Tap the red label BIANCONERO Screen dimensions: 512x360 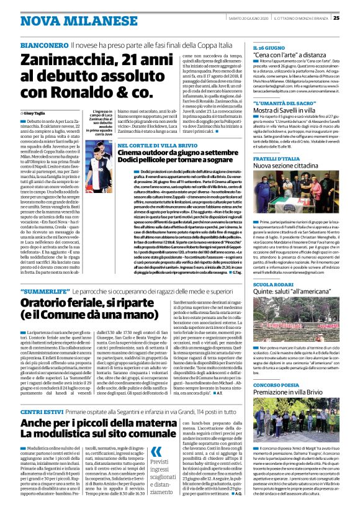pos(43,46)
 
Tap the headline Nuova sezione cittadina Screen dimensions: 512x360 pos(292,166)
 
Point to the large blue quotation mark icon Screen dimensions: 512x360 pos(156,452)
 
